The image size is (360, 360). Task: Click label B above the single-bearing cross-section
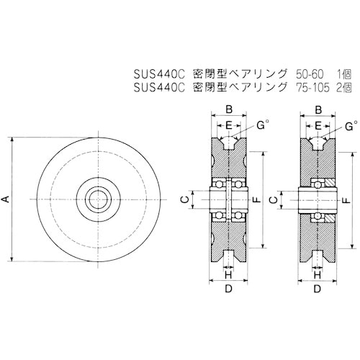coord(318,110)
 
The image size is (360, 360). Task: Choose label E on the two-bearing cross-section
coord(230,126)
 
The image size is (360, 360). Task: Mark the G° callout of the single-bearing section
coord(351,125)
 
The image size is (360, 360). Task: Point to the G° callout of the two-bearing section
coord(262,125)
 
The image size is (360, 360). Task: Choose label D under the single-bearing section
coord(318,289)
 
